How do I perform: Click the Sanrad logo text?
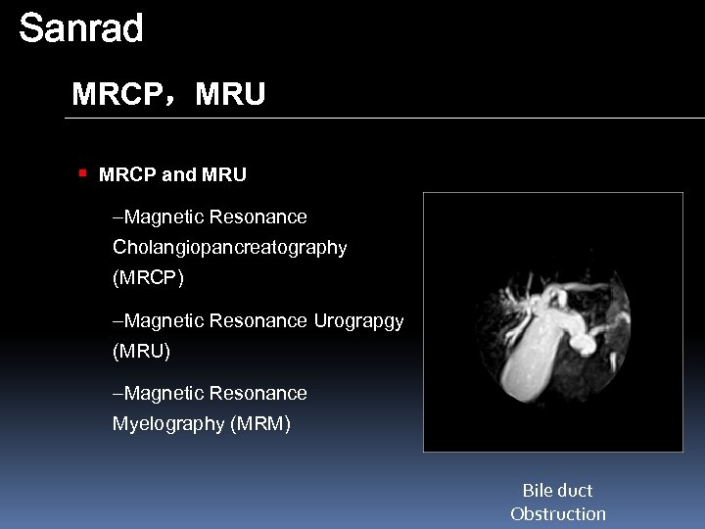point(81,28)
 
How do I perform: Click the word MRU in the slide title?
point(230,95)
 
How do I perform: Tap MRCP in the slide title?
point(118,95)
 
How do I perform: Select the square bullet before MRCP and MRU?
point(83,173)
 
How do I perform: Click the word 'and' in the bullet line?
point(178,175)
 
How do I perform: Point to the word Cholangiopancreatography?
point(229,248)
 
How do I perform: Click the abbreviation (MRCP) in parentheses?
point(148,278)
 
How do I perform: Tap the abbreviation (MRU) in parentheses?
point(141,351)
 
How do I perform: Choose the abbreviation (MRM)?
point(259,424)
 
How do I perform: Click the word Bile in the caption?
point(538,491)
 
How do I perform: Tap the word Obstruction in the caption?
point(558,514)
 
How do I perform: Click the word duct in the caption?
point(576,491)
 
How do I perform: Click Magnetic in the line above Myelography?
point(164,394)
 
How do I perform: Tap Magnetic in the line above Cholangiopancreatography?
point(164,217)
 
